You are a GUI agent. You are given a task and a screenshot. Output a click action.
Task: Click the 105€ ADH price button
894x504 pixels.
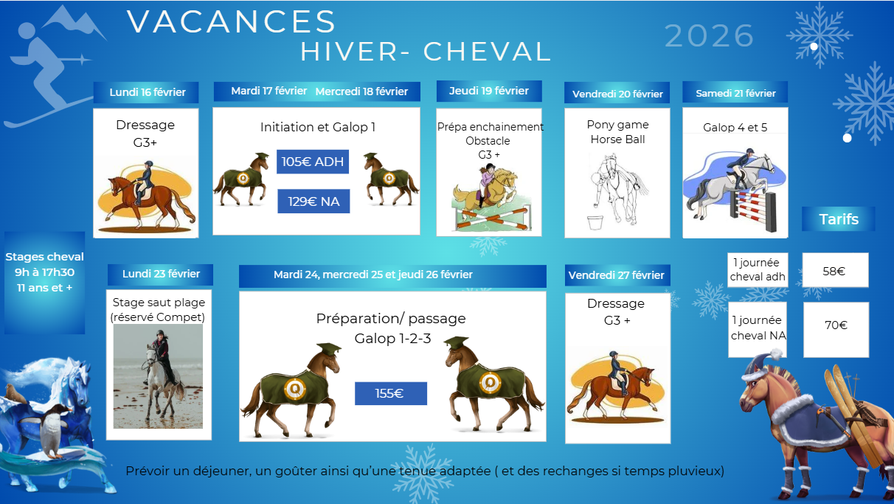pos(313,162)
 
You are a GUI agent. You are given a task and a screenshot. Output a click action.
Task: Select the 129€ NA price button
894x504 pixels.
pos(313,201)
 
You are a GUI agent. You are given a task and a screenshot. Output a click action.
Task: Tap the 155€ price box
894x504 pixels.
pos(391,393)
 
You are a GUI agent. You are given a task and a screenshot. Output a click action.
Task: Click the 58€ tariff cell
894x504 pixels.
pos(835,270)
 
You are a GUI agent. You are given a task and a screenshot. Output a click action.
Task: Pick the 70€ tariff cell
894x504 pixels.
pos(836,329)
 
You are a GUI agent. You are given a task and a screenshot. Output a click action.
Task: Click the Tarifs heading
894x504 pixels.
pos(839,219)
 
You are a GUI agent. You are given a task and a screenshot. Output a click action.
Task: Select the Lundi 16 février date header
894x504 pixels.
pos(146,92)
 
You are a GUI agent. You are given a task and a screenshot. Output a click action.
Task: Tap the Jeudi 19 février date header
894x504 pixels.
pos(489,91)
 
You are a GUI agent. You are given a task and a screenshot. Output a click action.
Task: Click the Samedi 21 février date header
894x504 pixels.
pos(735,92)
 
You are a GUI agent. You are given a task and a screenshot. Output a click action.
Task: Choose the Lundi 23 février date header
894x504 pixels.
pos(161,275)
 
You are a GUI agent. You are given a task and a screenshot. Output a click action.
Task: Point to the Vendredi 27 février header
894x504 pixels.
pos(617,275)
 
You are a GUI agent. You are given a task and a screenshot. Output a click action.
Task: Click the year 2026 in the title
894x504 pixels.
pos(710,36)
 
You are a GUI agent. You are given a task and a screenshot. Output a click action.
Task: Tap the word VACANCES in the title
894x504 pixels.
pos(232,21)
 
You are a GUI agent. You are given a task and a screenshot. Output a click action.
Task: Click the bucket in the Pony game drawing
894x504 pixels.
pos(595,222)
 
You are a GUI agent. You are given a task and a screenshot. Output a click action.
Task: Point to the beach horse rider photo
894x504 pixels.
pos(158,376)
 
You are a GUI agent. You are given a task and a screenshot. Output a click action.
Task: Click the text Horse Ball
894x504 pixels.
pos(618,139)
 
